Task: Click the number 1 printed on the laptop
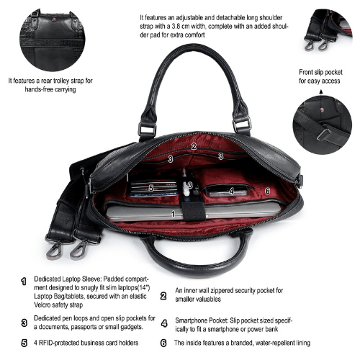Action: tap(173, 214)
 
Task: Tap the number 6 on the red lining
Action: tap(267, 191)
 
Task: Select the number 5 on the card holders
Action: tap(151, 188)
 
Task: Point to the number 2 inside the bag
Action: tap(194, 146)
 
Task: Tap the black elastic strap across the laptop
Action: tap(193, 211)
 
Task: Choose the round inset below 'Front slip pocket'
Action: tap(323, 125)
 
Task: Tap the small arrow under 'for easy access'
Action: tap(321, 91)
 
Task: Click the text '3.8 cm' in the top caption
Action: tap(183, 27)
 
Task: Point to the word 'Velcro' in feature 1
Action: tap(42, 305)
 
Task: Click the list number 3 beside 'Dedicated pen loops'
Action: tap(24, 323)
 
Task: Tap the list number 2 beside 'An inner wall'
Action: tap(163, 296)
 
